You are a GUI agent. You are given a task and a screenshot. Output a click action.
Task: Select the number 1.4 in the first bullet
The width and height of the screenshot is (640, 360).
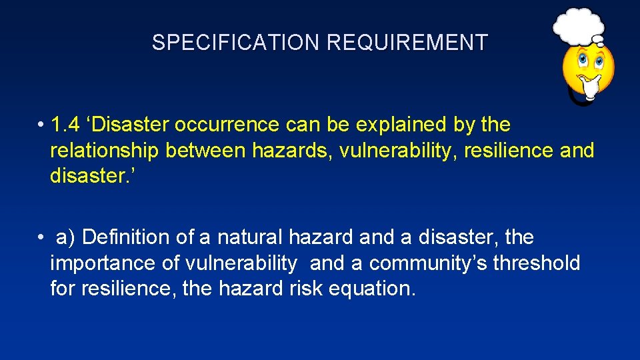pos(66,125)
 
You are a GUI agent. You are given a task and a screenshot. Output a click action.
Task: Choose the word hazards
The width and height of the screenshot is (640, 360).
pos(291,151)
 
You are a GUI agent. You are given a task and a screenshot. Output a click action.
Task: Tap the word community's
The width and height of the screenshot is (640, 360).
pos(428,263)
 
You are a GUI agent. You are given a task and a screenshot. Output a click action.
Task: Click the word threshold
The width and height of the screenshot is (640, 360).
pos(537,263)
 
